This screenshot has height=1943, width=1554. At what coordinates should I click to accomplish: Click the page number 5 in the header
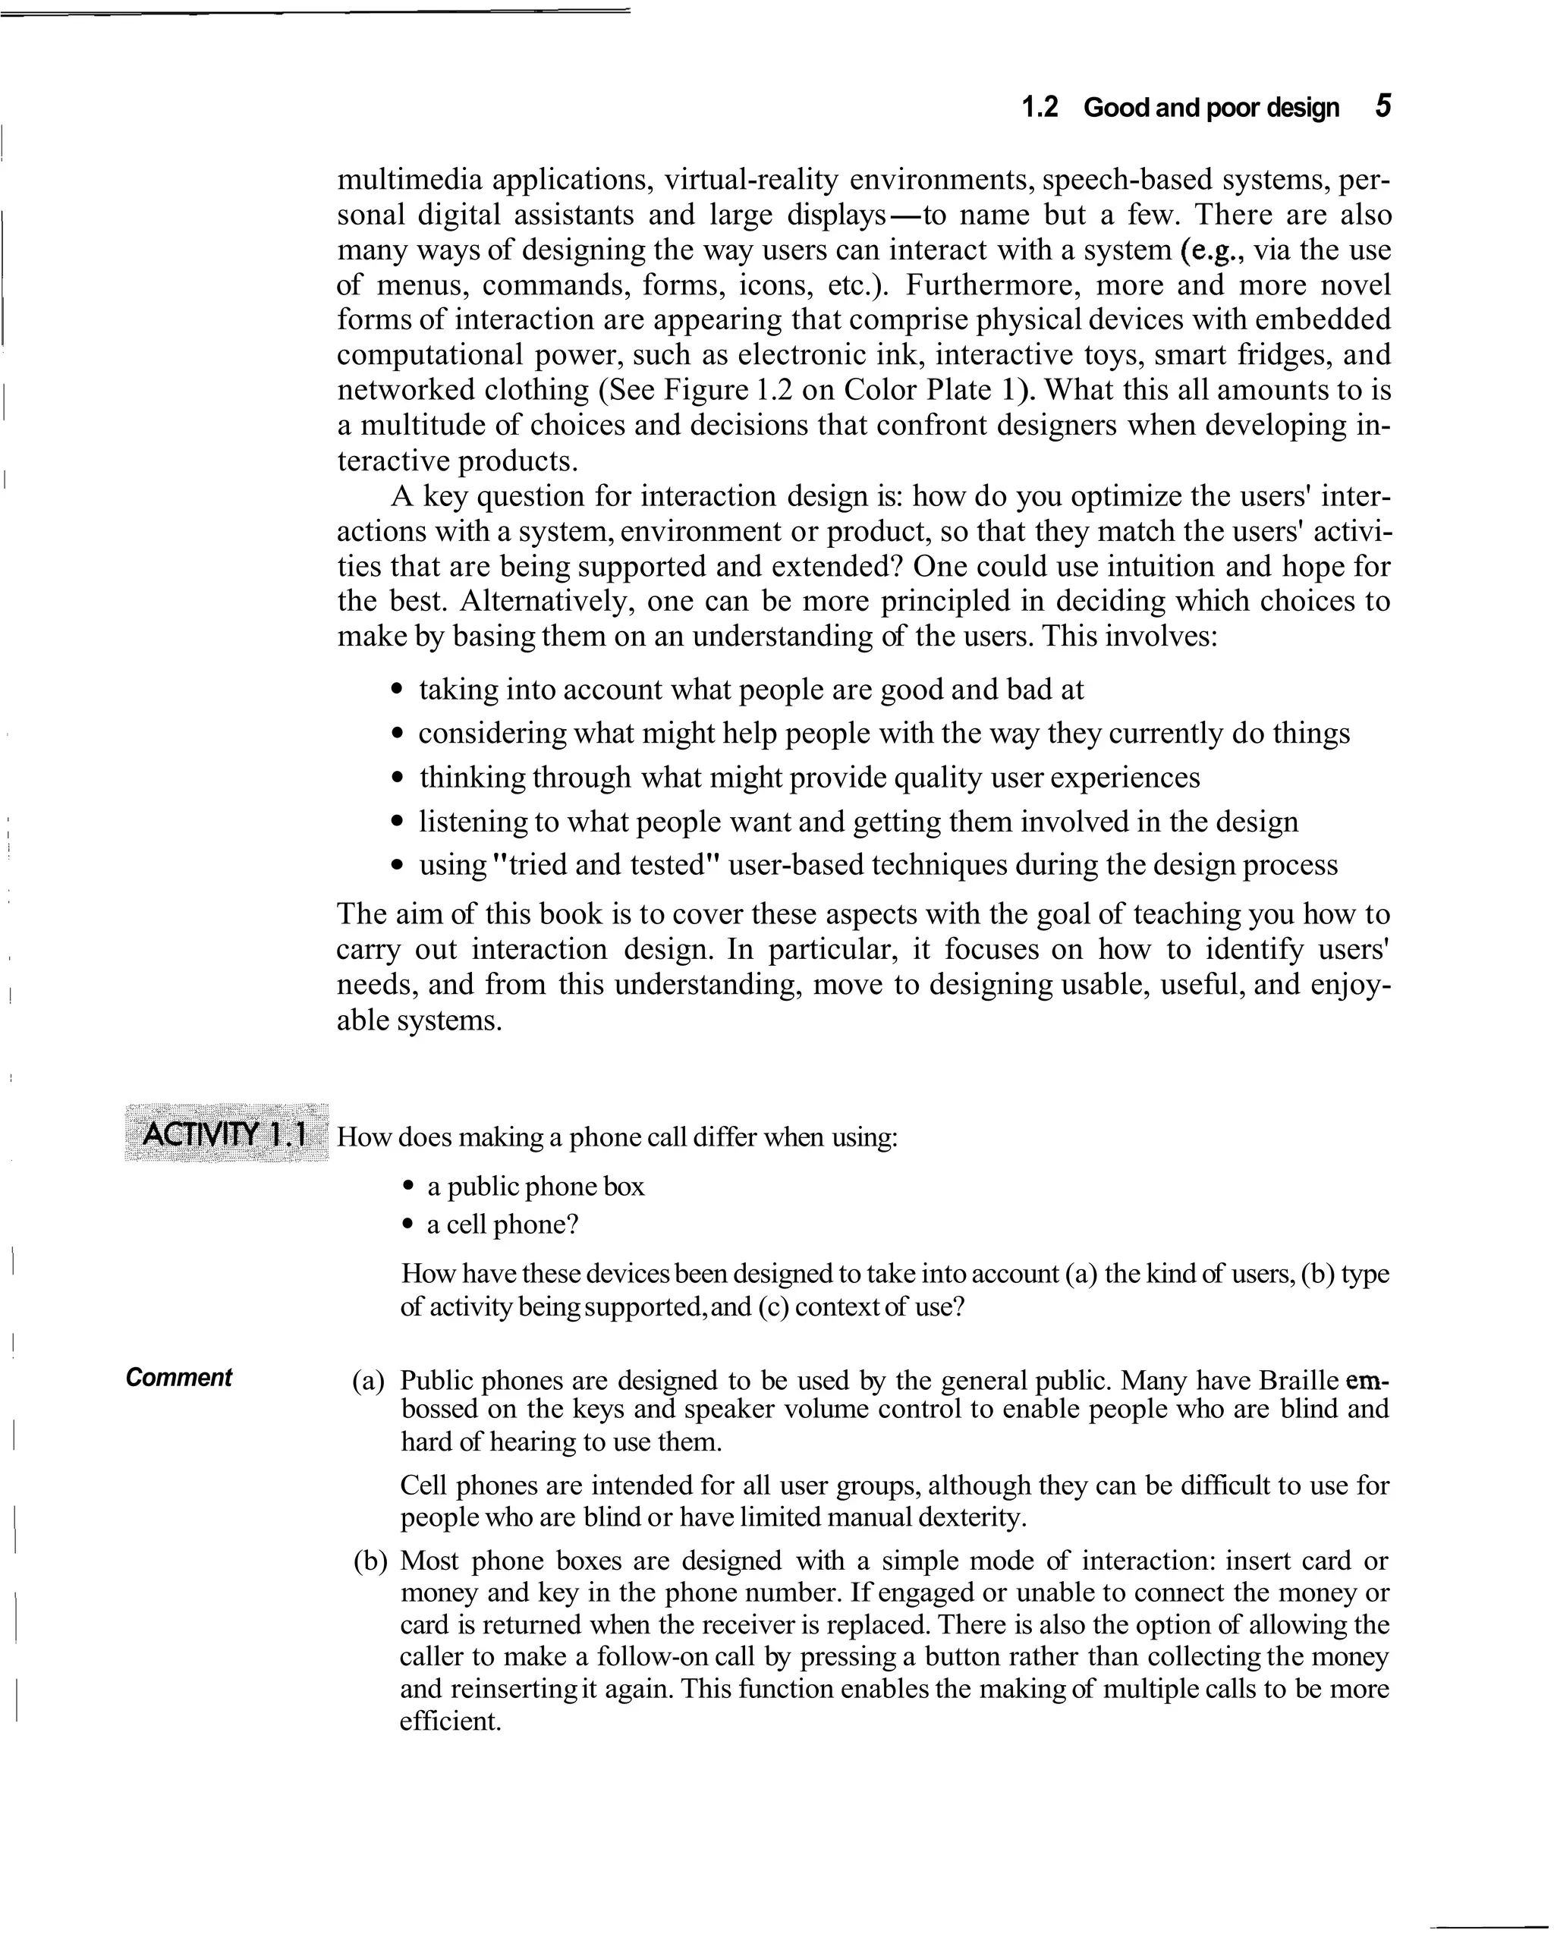coord(1383,106)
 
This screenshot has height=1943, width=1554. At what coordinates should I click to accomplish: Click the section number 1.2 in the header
coord(1040,108)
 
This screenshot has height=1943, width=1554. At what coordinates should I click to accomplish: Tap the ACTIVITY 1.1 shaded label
coord(226,1133)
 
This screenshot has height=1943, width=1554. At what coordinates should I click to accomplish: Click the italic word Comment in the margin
coord(178,1377)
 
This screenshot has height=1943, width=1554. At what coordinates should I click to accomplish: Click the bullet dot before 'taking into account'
coord(398,690)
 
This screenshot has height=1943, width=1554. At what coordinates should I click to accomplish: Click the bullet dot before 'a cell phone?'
coord(408,1225)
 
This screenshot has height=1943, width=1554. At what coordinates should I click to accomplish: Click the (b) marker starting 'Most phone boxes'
coord(370,1561)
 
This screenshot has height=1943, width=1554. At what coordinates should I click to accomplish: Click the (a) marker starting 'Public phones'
coord(368,1381)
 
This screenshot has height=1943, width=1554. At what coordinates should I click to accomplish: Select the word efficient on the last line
coord(450,1721)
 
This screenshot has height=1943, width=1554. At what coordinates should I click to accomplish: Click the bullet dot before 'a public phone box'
coord(408,1187)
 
